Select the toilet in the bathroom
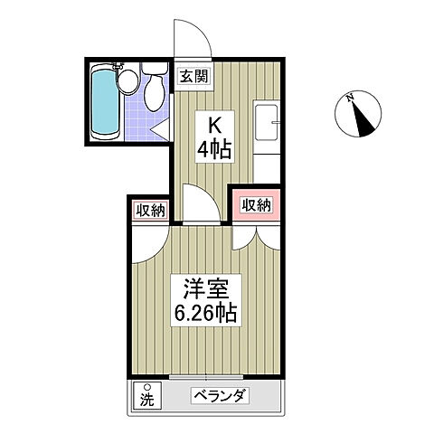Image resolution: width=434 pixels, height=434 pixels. [x=155, y=89]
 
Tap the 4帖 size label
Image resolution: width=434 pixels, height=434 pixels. [x=216, y=149]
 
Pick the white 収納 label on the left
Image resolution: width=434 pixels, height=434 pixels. [x=150, y=211]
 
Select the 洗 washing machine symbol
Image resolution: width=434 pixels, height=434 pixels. [x=146, y=395]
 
